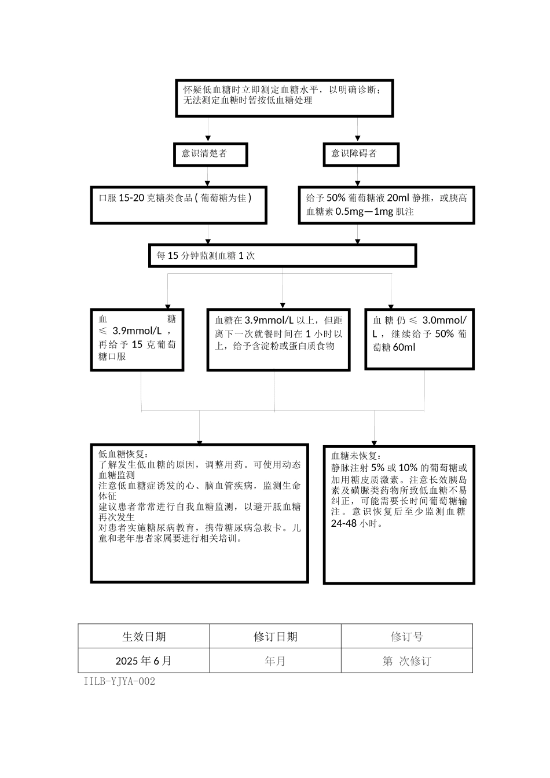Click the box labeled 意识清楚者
point(211,155)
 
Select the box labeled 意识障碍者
point(361,155)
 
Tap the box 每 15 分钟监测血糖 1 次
point(282,256)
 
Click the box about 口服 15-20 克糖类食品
point(178,205)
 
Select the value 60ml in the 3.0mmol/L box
point(404,347)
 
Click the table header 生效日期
point(144,637)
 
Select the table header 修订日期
point(275,637)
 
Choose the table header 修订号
point(406,637)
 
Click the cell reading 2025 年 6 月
point(144,661)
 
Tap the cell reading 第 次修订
point(406,661)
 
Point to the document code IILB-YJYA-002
point(119,681)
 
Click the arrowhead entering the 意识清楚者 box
point(208,140)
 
